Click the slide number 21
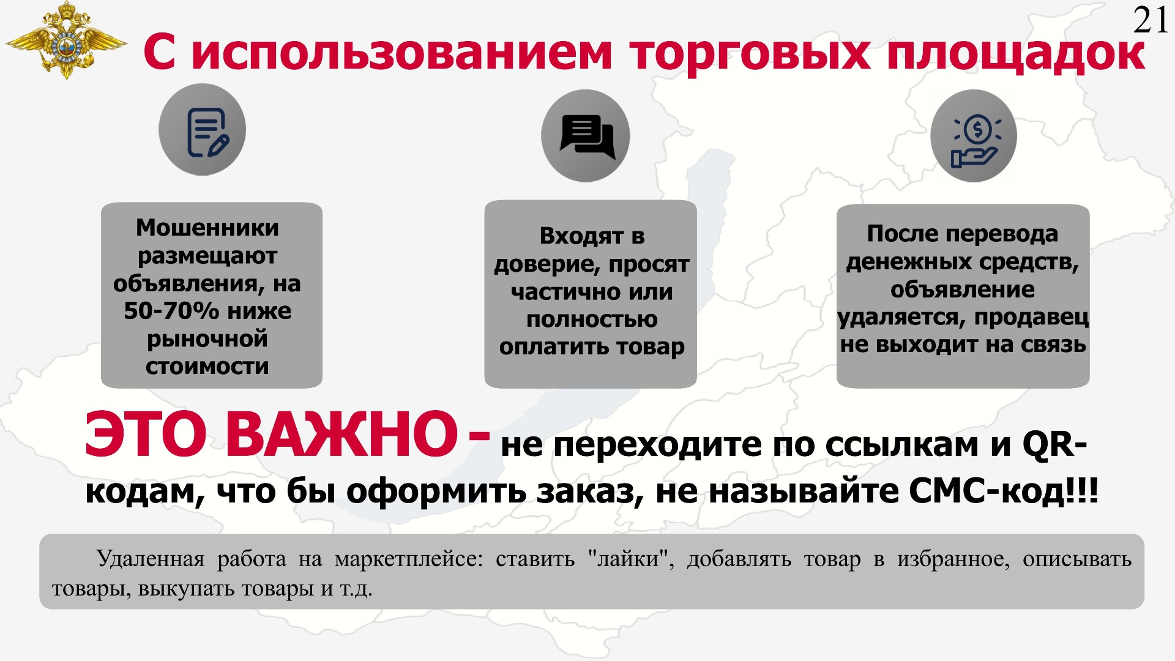coord(1151,20)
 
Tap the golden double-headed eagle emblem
coord(65,41)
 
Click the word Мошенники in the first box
coord(207,228)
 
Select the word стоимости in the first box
coord(207,367)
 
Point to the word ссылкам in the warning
coord(901,445)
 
